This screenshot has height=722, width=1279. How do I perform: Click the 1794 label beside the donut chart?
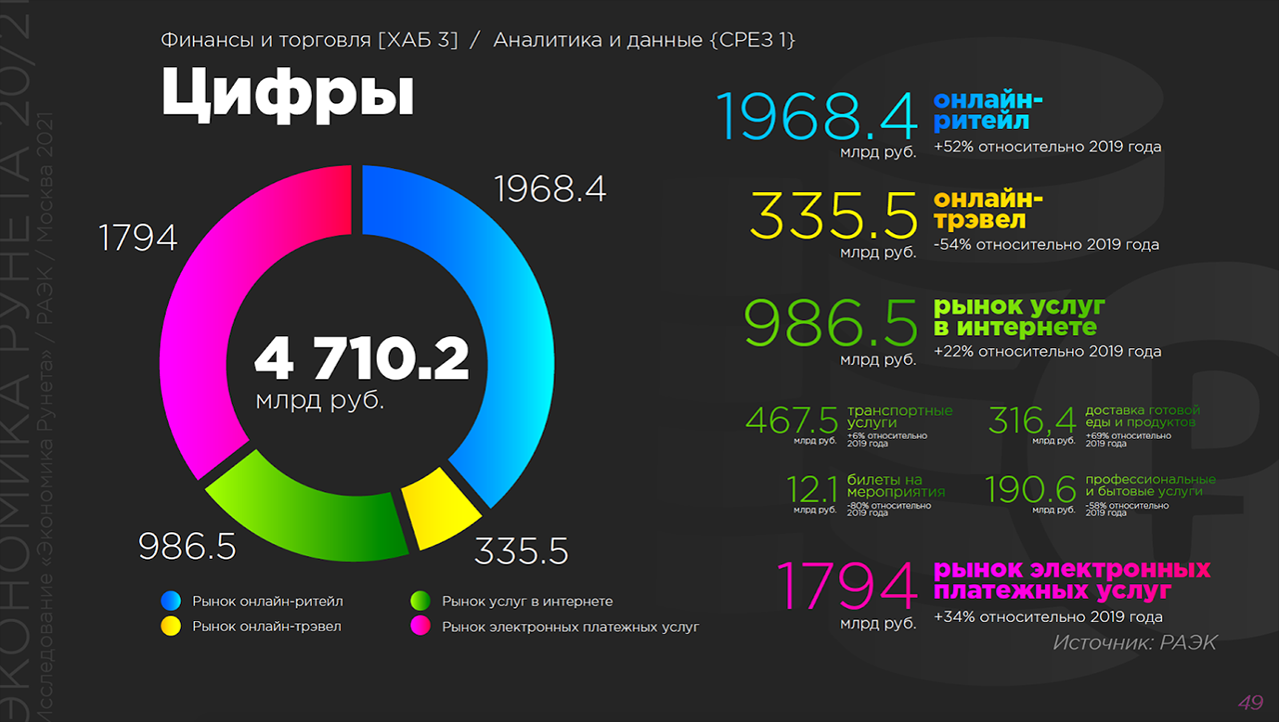click(138, 238)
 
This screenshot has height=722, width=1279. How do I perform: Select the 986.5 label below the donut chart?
click(187, 546)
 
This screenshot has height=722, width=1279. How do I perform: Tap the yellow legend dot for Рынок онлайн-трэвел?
click(171, 626)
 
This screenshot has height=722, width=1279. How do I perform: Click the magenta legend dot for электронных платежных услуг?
click(421, 626)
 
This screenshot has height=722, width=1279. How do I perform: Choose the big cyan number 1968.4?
click(816, 116)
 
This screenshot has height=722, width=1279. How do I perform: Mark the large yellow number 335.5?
click(833, 216)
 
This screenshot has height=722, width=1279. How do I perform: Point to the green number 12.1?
click(812, 490)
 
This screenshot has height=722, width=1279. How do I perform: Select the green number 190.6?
click(1030, 490)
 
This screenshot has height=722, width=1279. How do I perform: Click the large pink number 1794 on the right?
click(847, 586)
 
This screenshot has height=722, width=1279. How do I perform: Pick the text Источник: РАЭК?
click(1134, 643)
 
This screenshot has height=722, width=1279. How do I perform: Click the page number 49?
click(1250, 702)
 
